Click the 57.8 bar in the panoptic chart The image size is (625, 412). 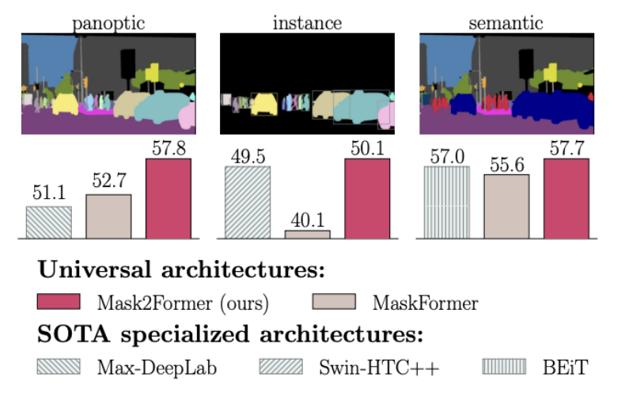tap(169, 198)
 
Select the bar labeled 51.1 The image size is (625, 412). tap(49, 222)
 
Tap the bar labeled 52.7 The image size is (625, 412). tap(108, 216)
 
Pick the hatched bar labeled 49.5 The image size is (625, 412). tap(248, 203)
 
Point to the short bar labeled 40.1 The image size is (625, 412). tap(308, 235)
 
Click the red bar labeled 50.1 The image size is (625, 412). tap(367, 198)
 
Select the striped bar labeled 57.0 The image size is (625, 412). tap(447, 203)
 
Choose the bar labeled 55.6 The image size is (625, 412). tap(506, 206)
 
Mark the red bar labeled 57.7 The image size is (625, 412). tap(566, 198)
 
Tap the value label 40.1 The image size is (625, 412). tap(308, 219)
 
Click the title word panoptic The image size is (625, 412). tap(108, 23)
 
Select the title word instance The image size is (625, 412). tap(307, 23)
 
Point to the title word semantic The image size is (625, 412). tap(506, 23)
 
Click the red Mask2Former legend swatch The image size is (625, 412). tap(59, 302)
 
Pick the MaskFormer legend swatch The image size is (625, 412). tap(335, 302)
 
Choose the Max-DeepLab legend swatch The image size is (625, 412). tap(59, 367)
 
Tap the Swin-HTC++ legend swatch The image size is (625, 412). tap(282, 367)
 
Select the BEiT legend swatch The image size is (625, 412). tap(504, 367)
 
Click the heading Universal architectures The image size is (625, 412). tap(181, 270)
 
